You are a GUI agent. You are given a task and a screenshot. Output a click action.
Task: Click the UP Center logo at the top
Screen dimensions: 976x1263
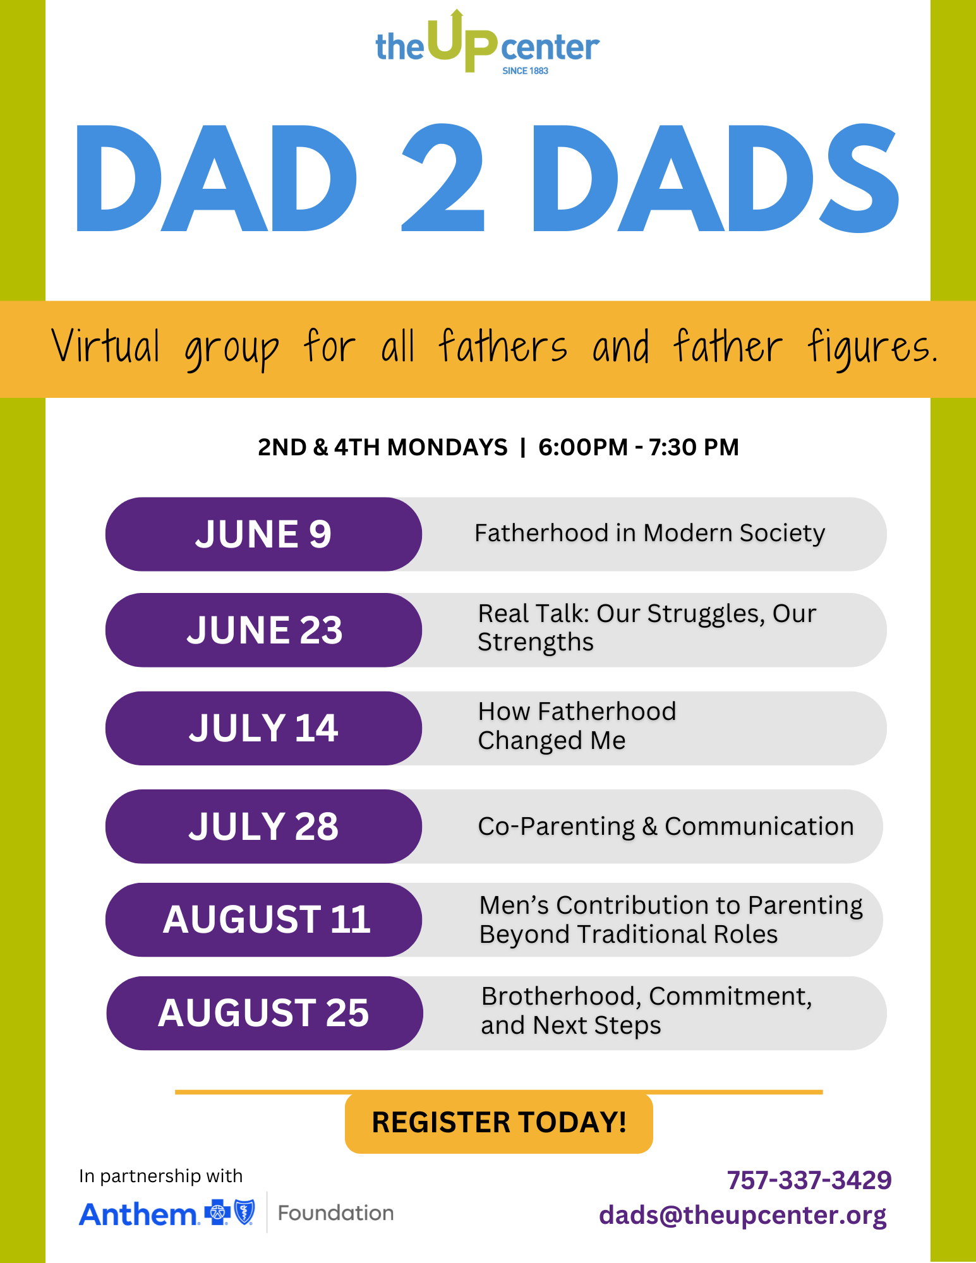pyautogui.click(x=487, y=43)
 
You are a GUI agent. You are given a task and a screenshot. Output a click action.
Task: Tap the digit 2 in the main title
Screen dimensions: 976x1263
pyautogui.click(x=443, y=178)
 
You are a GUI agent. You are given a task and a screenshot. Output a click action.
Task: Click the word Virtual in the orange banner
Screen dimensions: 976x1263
pyautogui.click(x=105, y=346)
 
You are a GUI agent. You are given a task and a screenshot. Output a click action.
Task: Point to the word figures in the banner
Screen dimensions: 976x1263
pyautogui.click(x=872, y=349)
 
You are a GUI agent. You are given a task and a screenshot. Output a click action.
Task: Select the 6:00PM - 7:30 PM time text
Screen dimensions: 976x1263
pyautogui.click(x=638, y=447)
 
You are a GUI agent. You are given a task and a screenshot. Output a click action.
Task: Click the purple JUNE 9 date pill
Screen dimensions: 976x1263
pyautogui.click(x=263, y=534)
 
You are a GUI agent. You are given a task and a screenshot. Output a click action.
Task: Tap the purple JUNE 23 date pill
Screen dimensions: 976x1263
pyautogui.click(x=263, y=630)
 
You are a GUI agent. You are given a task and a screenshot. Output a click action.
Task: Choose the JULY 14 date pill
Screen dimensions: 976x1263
pyautogui.click(x=263, y=728)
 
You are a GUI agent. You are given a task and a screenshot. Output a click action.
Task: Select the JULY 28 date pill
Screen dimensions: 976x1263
pyautogui.click(x=263, y=827)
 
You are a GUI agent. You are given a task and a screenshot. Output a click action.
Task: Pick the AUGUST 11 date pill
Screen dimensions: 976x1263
pyautogui.click(x=263, y=919)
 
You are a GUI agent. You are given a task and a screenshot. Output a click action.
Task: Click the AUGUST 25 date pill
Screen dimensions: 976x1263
pyautogui.click(x=264, y=1014)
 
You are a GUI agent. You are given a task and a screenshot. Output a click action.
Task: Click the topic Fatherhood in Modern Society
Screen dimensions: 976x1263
pyautogui.click(x=649, y=533)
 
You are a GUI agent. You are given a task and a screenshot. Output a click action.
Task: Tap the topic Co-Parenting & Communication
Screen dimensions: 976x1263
pyautogui.click(x=666, y=827)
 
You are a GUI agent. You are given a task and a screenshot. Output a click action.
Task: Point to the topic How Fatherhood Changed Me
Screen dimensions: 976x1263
pyautogui.click(x=577, y=726)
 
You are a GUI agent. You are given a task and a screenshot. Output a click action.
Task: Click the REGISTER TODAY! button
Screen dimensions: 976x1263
pyautogui.click(x=499, y=1123)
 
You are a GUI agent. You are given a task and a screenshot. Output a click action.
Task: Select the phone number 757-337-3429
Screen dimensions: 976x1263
pyautogui.click(x=809, y=1180)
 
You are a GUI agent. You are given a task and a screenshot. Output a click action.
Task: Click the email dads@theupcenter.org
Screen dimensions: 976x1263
pyautogui.click(x=743, y=1215)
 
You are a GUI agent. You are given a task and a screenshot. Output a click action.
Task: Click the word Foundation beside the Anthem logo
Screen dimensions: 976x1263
pyautogui.click(x=336, y=1213)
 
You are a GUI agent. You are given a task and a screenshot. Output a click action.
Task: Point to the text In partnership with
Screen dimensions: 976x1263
pyautogui.click(x=160, y=1176)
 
